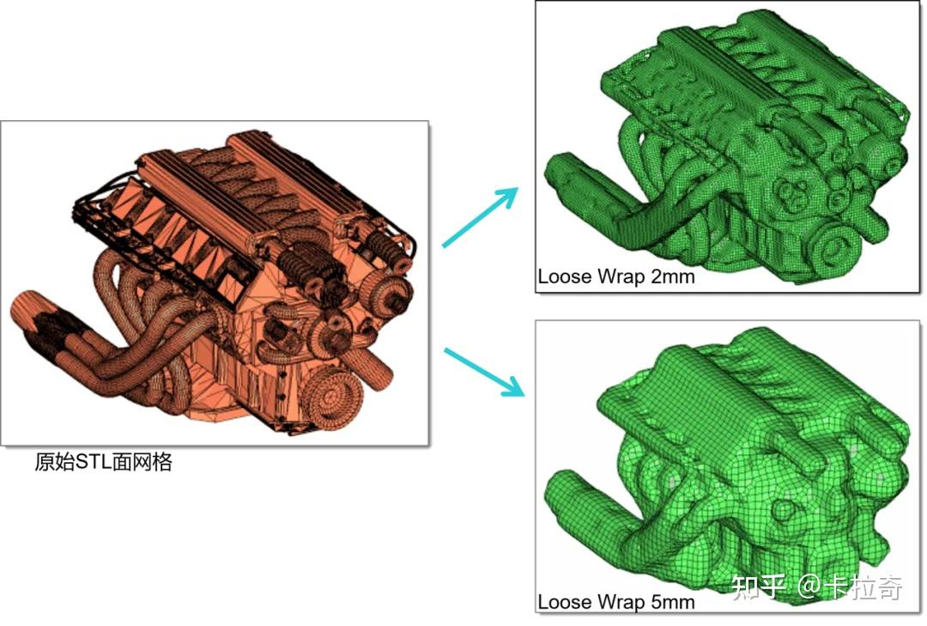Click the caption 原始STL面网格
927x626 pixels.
coord(104,461)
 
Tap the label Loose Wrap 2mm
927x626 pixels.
coord(616,277)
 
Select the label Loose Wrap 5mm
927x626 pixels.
coord(616,602)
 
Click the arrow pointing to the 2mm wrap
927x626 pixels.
coord(480,216)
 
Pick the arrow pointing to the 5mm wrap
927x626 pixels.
coord(484,372)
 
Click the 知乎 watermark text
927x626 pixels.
coord(759,587)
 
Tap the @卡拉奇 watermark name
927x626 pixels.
coord(850,587)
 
